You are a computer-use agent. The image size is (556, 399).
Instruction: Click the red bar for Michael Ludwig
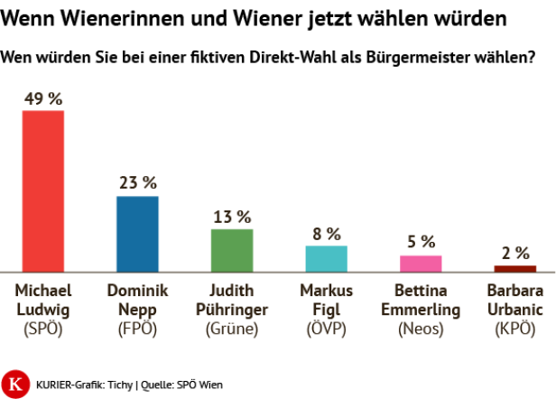(x=42, y=190)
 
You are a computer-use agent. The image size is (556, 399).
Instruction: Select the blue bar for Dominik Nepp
(x=137, y=234)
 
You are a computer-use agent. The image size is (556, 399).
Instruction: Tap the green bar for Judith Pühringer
(x=232, y=250)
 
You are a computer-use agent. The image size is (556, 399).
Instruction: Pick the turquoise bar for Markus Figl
(x=326, y=258)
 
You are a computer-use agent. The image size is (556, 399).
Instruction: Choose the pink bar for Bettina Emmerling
(x=421, y=263)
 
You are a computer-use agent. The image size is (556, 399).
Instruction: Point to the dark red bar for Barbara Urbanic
(x=514, y=268)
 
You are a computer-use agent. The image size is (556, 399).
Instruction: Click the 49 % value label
(x=42, y=97)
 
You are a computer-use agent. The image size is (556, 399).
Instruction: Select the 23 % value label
(x=137, y=183)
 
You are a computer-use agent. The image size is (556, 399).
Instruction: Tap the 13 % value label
(x=232, y=217)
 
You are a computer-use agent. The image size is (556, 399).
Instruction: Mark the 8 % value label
(x=326, y=233)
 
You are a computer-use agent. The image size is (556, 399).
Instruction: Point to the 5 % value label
(x=421, y=242)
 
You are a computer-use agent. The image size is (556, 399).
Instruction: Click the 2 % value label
(x=514, y=253)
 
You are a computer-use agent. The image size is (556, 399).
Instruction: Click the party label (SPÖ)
(x=42, y=329)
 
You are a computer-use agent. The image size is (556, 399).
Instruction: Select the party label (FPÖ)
(x=137, y=329)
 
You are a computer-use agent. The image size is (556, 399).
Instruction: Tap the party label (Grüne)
(x=232, y=329)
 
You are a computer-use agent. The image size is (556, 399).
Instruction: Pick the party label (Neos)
(x=421, y=329)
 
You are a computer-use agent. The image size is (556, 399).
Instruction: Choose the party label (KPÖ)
(x=514, y=329)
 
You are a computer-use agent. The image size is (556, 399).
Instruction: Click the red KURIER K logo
(x=14, y=382)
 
